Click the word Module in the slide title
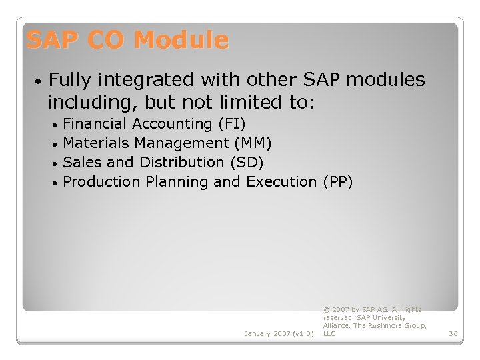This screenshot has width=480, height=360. click(x=181, y=41)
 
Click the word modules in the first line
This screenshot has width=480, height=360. click(x=385, y=80)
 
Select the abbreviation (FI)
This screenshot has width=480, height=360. click(x=231, y=124)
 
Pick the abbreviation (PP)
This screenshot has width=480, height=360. click(x=337, y=182)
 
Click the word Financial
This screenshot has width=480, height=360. click(x=95, y=124)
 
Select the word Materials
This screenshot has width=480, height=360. click(x=96, y=143)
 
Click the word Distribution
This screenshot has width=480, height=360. click(x=182, y=163)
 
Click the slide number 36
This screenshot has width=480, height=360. click(x=453, y=333)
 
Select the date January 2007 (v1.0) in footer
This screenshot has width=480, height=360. click(x=279, y=333)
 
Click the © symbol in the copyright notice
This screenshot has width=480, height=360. click(x=326, y=310)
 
